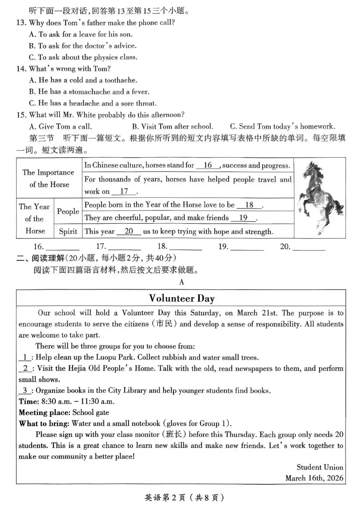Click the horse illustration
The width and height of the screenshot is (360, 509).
[x=320, y=198]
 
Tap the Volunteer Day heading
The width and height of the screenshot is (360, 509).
[x=182, y=298]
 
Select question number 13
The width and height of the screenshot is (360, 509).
[x=21, y=23]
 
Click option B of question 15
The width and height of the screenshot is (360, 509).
[x=172, y=126]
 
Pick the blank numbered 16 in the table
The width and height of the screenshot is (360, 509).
[x=208, y=165]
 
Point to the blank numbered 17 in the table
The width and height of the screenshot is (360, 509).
[x=124, y=191]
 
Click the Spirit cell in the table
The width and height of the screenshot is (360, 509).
[x=68, y=232]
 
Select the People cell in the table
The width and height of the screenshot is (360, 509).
[x=68, y=211]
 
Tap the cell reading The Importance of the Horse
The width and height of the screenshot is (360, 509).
[x=49, y=178]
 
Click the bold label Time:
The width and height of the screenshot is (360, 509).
[x=29, y=401]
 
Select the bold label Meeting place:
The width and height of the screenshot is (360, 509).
[x=44, y=412]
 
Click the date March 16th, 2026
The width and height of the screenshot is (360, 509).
[x=314, y=478]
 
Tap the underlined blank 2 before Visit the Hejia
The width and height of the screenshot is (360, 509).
[x=25, y=368]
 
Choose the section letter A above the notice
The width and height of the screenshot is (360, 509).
[x=182, y=282]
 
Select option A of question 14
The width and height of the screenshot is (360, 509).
[x=83, y=80]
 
